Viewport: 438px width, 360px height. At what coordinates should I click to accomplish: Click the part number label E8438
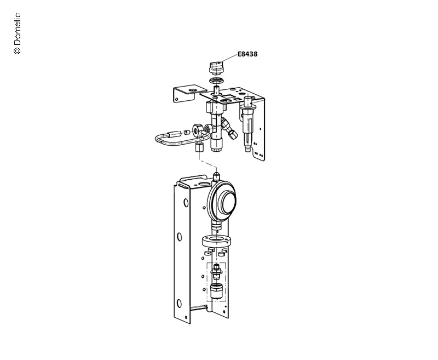(x=247, y=54)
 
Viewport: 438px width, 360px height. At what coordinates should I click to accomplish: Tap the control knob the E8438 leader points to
(x=216, y=68)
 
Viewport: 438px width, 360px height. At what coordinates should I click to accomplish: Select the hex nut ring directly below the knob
(x=216, y=81)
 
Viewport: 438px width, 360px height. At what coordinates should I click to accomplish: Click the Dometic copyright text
(x=17, y=33)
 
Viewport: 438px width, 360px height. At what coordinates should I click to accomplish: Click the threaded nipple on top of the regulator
(x=216, y=177)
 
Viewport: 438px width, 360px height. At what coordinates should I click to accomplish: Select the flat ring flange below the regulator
(x=217, y=242)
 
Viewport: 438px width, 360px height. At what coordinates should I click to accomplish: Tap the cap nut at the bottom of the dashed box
(x=216, y=291)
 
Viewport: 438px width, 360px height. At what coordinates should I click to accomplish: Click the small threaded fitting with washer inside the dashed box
(x=216, y=271)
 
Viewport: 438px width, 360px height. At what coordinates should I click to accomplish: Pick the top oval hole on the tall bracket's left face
(x=186, y=203)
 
